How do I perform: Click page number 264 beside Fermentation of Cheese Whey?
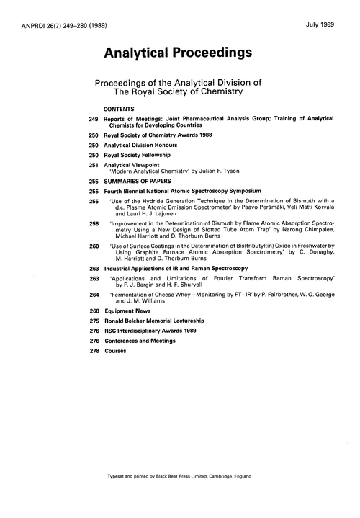click(94, 295)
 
